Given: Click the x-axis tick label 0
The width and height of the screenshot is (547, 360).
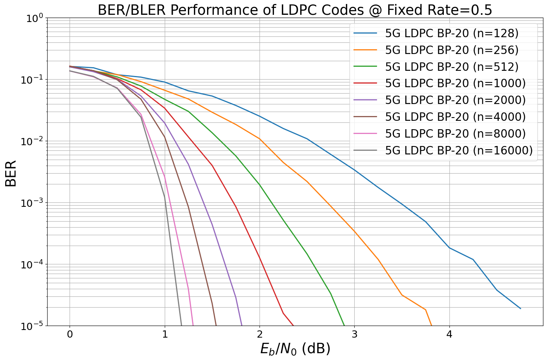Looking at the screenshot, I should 70,334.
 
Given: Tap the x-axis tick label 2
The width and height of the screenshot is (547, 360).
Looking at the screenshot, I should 260,334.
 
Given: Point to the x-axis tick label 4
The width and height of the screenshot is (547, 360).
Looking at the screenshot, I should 449,334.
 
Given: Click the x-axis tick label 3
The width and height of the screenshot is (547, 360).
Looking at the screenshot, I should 355,334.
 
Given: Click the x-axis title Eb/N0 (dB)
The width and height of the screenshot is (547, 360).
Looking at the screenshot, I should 295,349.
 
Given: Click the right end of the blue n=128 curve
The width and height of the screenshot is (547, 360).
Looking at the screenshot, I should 520,308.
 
